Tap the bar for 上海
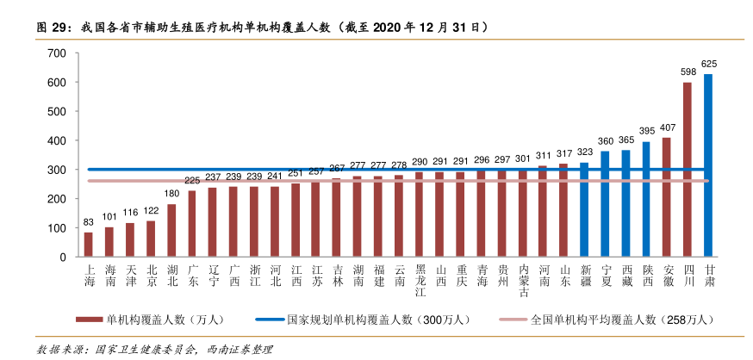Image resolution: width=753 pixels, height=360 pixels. [x=88, y=245]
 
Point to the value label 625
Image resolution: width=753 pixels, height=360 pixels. [x=709, y=64]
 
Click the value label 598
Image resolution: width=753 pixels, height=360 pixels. [x=688, y=72]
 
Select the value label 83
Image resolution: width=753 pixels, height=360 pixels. [x=88, y=222]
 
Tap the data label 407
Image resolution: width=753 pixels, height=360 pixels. [x=667, y=127]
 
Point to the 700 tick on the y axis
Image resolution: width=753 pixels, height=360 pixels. [x=57, y=53]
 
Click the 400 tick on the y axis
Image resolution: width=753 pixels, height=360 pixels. [x=57, y=140]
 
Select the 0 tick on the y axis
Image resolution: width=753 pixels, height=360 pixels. [x=63, y=258]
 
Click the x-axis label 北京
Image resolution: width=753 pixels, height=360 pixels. [x=151, y=276]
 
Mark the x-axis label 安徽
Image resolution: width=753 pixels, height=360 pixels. [x=667, y=276]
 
